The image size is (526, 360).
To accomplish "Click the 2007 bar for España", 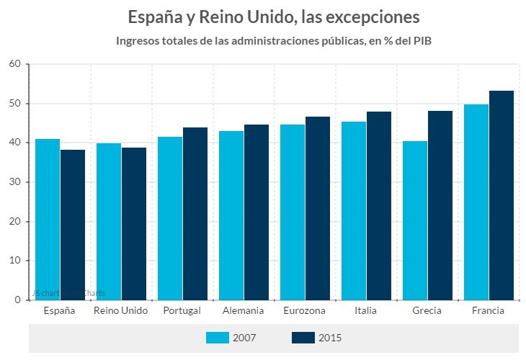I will (48, 220).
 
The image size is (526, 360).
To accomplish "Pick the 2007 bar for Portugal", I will (170, 218).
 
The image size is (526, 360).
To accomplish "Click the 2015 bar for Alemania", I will (256, 212).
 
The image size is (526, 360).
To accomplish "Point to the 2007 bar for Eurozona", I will (293, 212).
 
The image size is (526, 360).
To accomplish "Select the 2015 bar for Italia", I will (378, 206).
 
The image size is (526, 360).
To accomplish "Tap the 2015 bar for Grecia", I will (440, 205).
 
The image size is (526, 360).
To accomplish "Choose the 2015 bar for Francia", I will (501, 195).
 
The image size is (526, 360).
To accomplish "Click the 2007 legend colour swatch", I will (217, 338).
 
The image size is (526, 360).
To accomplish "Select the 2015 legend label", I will (330, 338).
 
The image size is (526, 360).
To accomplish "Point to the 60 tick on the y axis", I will (14, 64).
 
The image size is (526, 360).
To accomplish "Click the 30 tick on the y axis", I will (14, 182).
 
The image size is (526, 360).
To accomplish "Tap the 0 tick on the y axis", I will (17, 300).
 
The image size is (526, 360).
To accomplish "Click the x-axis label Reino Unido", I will (121, 311).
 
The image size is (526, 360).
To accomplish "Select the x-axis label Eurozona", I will (305, 311).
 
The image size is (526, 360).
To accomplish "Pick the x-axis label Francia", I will (488, 311).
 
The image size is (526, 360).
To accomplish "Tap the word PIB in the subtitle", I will (420, 40).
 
